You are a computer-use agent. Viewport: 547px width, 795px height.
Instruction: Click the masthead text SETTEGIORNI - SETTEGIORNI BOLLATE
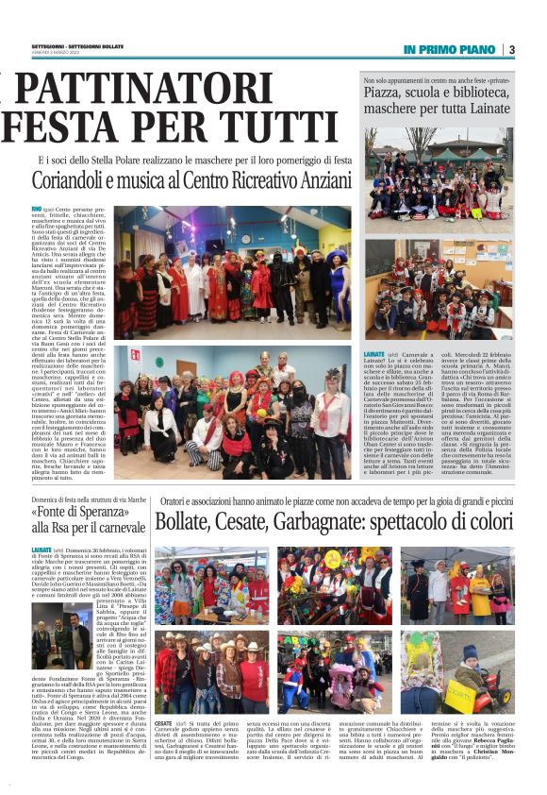pyautogui.click(x=78, y=43)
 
